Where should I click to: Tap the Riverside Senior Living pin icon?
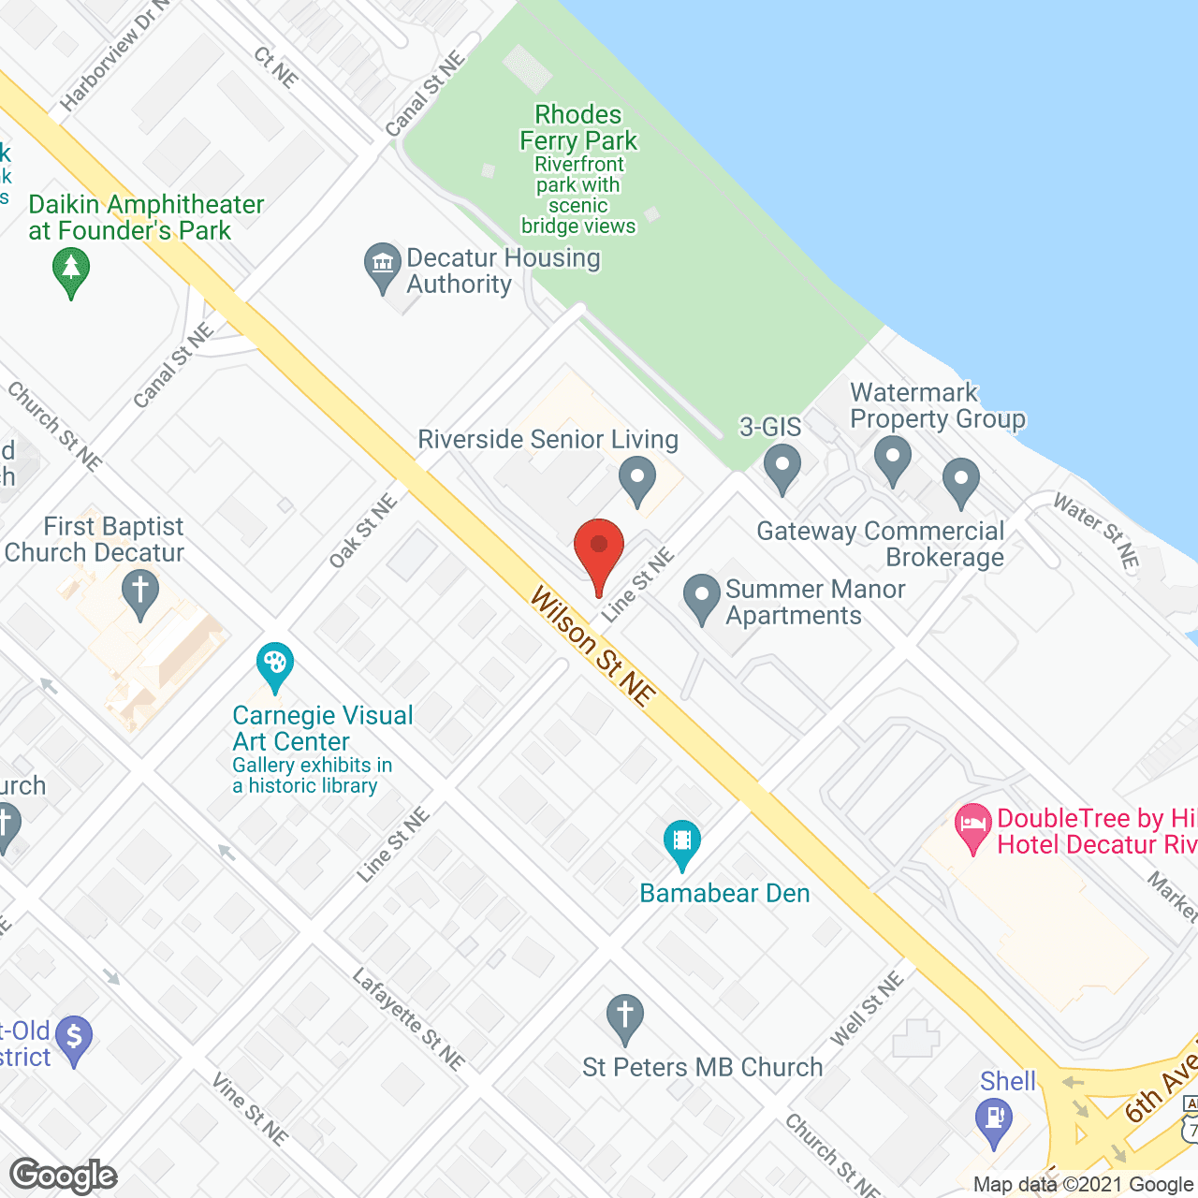click(x=637, y=479)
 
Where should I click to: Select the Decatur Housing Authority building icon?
click(x=382, y=266)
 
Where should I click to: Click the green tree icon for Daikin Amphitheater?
click(x=71, y=270)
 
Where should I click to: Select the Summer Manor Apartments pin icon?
click(x=701, y=597)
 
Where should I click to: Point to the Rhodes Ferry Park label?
click(x=578, y=128)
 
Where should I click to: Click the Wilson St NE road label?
click(x=593, y=646)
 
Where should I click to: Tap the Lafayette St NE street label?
click(x=408, y=1019)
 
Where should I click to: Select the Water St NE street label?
click(x=1096, y=531)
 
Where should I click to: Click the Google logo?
click(x=64, y=1176)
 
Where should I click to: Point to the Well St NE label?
click(x=867, y=1008)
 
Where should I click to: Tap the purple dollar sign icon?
click(x=74, y=1039)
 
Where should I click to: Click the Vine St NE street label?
click(x=249, y=1109)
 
